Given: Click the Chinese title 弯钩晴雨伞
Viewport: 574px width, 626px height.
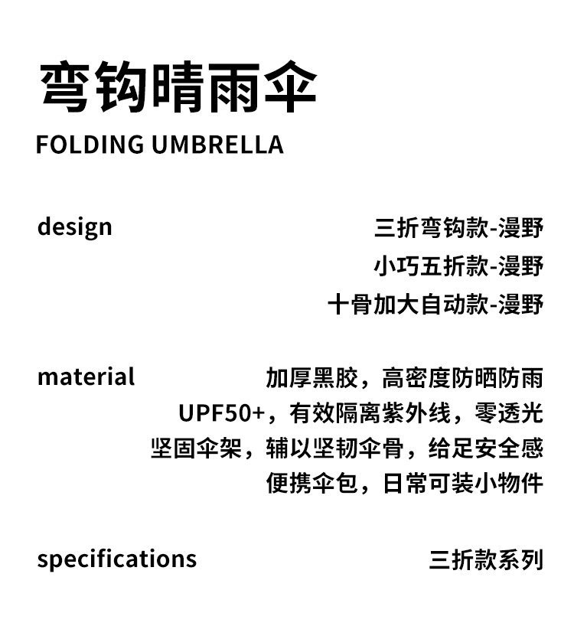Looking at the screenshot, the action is tap(178, 89).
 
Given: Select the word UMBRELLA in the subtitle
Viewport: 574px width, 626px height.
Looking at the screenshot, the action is tap(217, 145).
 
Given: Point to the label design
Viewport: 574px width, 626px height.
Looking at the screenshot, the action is tap(74, 227).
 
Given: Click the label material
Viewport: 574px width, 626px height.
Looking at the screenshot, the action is tap(86, 377).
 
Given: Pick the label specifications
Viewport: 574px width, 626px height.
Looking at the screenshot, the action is tap(116, 559).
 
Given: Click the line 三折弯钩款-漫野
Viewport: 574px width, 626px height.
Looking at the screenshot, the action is tap(458, 228).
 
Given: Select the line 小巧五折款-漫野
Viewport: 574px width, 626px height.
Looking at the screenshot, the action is tap(458, 266).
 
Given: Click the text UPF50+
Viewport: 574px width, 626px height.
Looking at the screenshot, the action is tap(221, 413).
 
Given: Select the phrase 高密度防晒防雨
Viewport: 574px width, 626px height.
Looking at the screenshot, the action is tap(462, 378).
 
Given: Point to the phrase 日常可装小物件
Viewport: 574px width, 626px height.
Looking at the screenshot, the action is tap(462, 484).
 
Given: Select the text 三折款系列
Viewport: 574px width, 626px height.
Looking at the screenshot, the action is tap(486, 559).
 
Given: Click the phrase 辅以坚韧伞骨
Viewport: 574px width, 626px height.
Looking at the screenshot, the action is tap(346, 448).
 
